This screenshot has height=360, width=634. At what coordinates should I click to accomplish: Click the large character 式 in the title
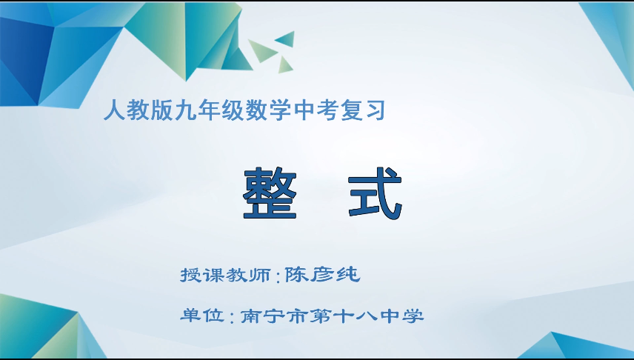click(x=375, y=193)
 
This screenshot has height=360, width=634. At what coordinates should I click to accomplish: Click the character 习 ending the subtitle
click(x=378, y=112)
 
